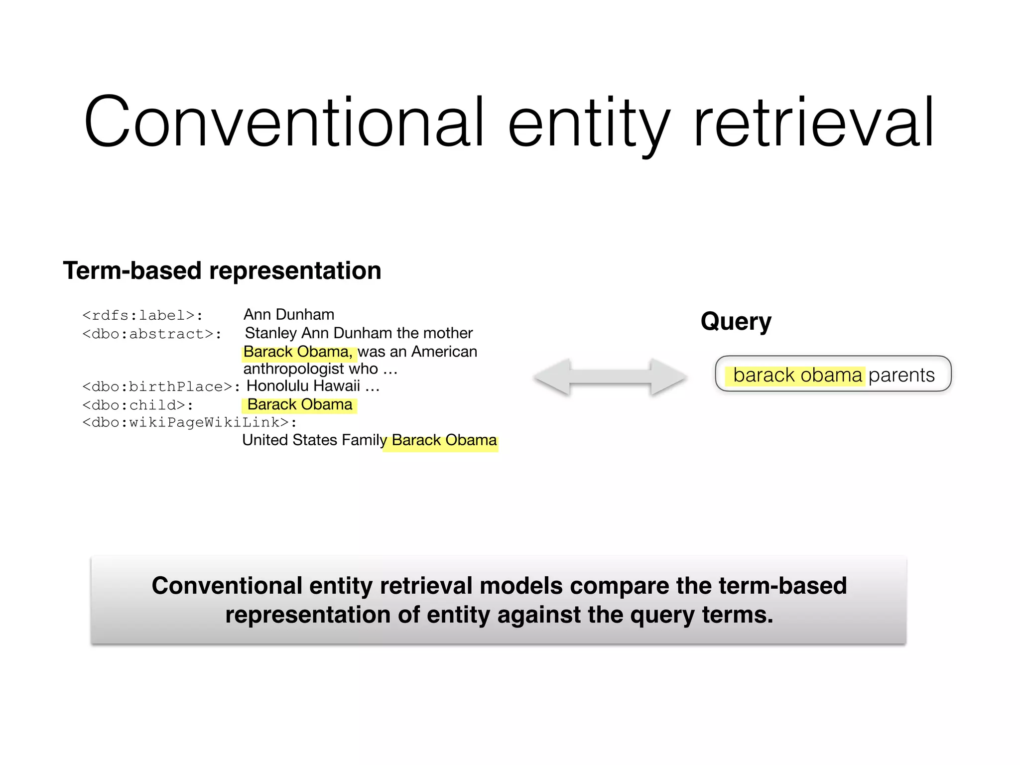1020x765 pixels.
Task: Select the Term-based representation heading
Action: click(222, 271)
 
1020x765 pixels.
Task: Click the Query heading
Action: click(736, 321)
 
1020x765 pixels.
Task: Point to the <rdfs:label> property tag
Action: click(142, 315)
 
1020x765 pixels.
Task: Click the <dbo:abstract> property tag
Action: click(152, 334)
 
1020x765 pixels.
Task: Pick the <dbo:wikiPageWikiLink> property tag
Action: click(189, 422)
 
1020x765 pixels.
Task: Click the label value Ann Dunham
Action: click(289, 315)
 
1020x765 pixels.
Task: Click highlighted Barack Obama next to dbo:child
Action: click(300, 404)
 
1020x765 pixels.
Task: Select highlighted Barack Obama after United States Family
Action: click(444, 441)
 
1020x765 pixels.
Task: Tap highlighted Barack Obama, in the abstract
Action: click(298, 352)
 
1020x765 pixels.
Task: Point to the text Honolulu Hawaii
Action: click(303, 386)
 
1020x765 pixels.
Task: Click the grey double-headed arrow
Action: click(610, 377)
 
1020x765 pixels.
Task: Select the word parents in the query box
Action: click(901, 375)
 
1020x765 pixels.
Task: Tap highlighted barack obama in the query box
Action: click(797, 375)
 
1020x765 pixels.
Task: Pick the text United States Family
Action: click(314, 440)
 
